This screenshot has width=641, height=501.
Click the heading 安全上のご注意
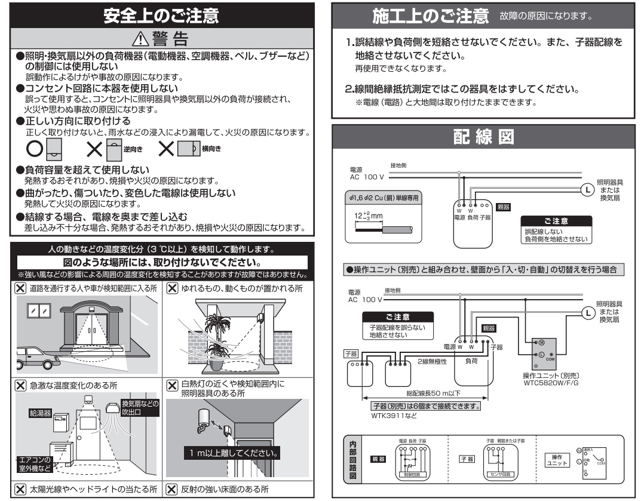pos(160,17)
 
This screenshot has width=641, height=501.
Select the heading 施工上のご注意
pos(430,16)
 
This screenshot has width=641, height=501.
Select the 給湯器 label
pos(39,413)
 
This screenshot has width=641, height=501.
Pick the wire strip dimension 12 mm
pos(360,216)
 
